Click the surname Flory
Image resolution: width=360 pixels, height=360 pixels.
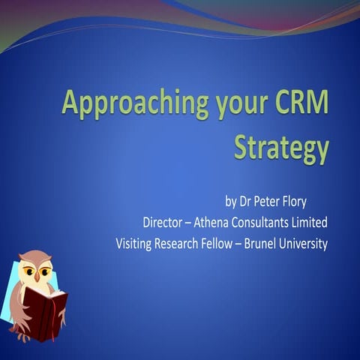point(310,202)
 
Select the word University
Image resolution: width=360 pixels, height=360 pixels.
point(314,244)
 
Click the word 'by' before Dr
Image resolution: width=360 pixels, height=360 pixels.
point(230,202)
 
